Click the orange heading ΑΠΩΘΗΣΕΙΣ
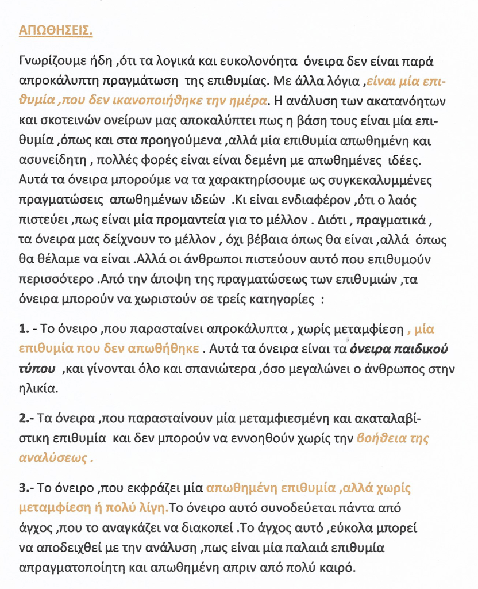[x=56, y=30]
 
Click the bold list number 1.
[x=24, y=330]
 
